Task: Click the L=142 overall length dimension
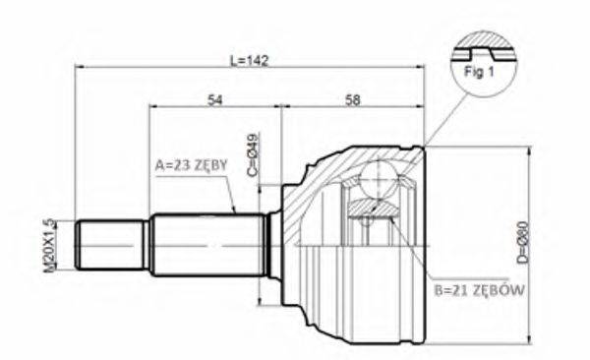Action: (249, 59)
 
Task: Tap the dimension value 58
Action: (354, 98)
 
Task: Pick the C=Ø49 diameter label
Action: (253, 154)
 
